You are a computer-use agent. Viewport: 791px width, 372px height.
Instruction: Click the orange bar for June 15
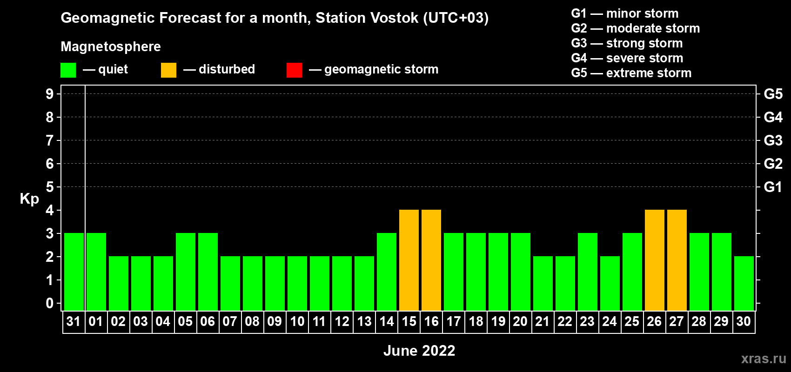click(409, 260)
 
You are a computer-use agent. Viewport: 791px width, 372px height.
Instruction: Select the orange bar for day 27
click(677, 260)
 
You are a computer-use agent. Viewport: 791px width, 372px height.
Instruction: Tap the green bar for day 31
click(74, 272)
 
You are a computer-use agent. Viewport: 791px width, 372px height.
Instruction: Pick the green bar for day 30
click(744, 283)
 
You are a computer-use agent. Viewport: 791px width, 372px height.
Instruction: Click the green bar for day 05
click(186, 272)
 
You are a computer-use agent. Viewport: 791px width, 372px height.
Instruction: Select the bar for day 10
click(297, 283)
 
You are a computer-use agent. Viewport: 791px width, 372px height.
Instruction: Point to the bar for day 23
click(588, 272)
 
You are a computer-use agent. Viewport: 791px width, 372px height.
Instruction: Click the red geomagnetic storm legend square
click(295, 70)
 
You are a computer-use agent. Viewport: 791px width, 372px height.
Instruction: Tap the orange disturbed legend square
click(168, 70)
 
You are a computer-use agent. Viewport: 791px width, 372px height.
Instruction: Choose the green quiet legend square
click(68, 70)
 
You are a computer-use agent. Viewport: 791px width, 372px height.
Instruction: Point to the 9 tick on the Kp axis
click(49, 94)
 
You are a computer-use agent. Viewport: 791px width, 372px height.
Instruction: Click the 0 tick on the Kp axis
click(49, 303)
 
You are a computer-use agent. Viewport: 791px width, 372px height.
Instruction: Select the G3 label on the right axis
click(773, 140)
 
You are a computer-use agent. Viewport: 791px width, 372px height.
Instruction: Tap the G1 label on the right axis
click(773, 187)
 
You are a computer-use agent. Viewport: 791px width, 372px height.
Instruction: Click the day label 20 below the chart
click(520, 321)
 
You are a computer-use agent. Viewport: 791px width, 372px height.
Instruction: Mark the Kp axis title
click(29, 199)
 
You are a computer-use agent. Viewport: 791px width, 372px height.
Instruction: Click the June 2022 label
click(419, 351)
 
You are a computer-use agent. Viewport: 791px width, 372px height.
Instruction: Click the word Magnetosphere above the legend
click(111, 46)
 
